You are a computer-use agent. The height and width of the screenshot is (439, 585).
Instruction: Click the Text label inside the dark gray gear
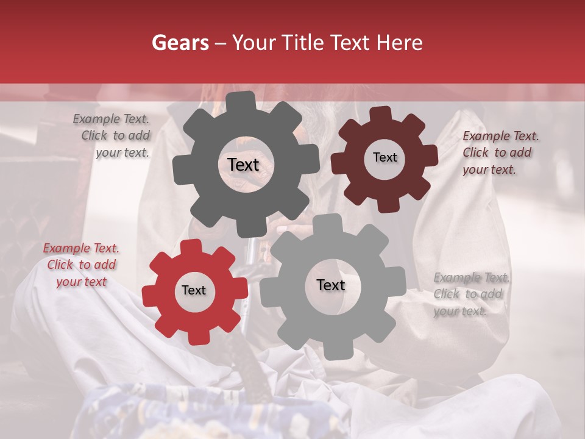[243, 165]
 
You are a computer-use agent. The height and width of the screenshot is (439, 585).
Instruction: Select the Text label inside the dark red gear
[385, 157]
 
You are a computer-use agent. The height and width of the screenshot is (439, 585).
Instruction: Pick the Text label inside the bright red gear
[194, 290]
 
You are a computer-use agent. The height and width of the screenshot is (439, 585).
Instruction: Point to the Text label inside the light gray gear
[331, 285]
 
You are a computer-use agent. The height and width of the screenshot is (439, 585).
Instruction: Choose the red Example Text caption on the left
[81, 265]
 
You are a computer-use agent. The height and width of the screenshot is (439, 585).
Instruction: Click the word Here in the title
[400, 43]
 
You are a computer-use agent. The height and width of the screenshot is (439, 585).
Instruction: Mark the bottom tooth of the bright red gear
[196, 335]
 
